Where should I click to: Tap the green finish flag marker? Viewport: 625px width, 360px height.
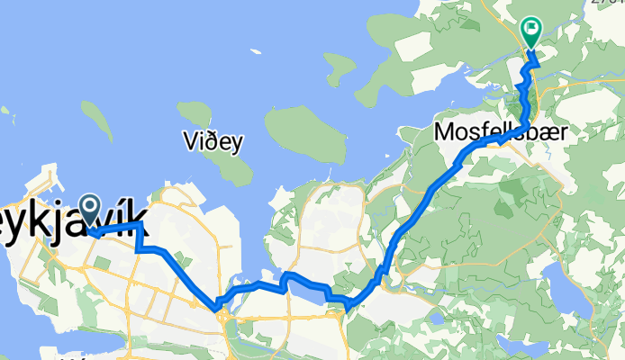click(531, 32)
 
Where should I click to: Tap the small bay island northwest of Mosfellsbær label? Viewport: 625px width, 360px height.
click(340, 65)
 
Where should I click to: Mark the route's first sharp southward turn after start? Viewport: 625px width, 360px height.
click(140, 225)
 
